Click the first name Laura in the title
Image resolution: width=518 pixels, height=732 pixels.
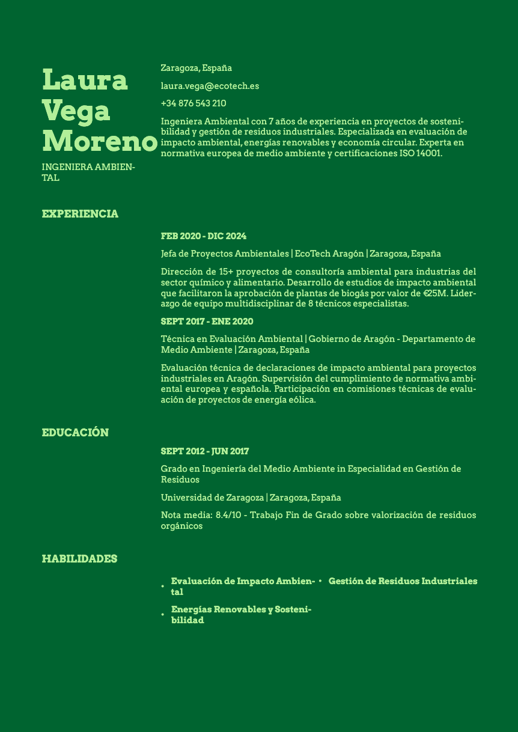(x=85, y=80)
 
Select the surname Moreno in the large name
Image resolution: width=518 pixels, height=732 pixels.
(x=99, y=141)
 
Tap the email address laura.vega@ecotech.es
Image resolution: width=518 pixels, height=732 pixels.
(x=210, y=86)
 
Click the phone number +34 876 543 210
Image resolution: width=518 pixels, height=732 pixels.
(x=193, y=103)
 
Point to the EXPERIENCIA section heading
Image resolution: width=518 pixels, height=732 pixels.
(x=80, y=214)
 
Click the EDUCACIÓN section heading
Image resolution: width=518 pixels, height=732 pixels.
(x=75, y=433)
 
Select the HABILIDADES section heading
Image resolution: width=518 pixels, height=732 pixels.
(x=79, y=559)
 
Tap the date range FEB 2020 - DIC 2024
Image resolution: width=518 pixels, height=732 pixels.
(x=204, y=236)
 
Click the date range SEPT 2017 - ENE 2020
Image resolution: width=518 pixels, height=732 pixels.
(x=207, y=322)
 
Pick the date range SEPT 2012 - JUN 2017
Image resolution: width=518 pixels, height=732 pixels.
(x=205, y=451)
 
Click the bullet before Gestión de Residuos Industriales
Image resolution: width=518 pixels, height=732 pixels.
(x=320, y=581)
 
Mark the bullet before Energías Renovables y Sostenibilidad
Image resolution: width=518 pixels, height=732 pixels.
(x=163, y=614)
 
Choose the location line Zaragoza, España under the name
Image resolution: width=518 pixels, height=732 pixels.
(x=196, y=68)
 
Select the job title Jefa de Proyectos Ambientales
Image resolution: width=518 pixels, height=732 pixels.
(x=225, y=254)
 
